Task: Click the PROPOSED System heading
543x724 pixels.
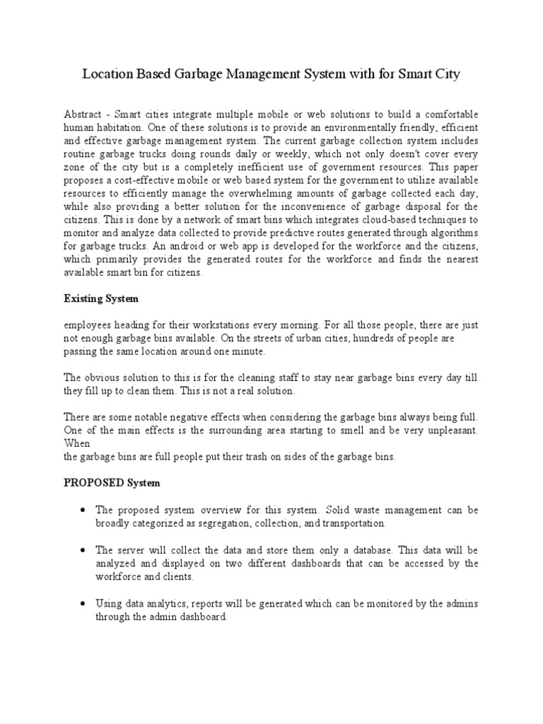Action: click(x=112, y=483)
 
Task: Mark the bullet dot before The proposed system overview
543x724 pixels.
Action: click(x=83, y=510)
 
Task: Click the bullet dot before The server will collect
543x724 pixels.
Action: click(x=83, y=549)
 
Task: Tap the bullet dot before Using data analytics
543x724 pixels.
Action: click(x=83, y=603)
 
